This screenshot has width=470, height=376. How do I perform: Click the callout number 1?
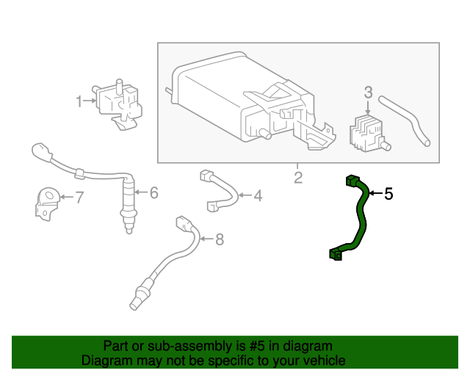79,102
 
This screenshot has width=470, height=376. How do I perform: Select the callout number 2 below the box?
297,177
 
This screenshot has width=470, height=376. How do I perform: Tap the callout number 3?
369,93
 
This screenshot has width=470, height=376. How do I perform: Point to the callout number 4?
257,196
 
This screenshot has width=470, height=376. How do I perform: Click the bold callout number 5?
388,194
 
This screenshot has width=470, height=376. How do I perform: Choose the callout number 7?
79,197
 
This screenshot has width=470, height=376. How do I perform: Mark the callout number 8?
217,239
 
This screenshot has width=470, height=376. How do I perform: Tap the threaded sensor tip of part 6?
129,220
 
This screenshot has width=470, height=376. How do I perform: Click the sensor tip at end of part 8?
137,299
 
